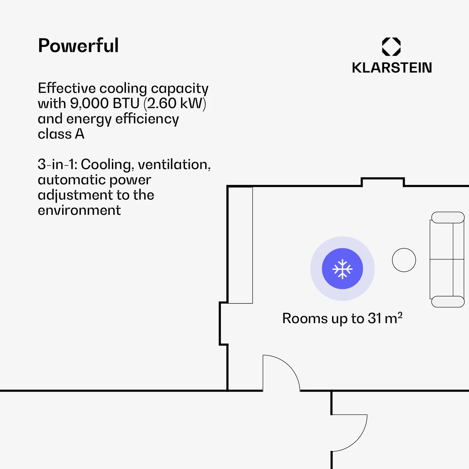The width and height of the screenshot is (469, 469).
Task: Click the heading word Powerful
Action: tap(78, 46)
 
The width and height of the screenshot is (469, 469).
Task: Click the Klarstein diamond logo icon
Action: tap(391, 47)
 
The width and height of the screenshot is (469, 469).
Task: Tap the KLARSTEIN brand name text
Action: tap(392, 68)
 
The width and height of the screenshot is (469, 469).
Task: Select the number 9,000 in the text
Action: tap(90, 104)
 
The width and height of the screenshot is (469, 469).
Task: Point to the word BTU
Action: tap(126, 104)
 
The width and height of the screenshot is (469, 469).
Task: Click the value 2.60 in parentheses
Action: tap(162, 104)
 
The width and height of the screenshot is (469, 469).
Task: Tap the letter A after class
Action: tap(80, 134)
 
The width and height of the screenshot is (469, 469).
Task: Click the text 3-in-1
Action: tap(57, 165)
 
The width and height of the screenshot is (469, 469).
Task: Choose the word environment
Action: tap(79, 210)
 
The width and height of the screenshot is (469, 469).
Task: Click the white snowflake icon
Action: tap(342, 269)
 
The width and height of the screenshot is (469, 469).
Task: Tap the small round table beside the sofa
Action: tap(404, 260)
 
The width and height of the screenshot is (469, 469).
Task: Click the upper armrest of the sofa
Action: tap(448, 217)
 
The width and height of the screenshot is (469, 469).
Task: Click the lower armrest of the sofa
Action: tap(448, 302)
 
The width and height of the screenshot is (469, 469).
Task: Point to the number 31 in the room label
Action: tap(374, 318)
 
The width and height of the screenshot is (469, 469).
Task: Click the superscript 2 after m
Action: tap(400, 315)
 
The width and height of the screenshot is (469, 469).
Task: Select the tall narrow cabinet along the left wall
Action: tap(240, 245)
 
